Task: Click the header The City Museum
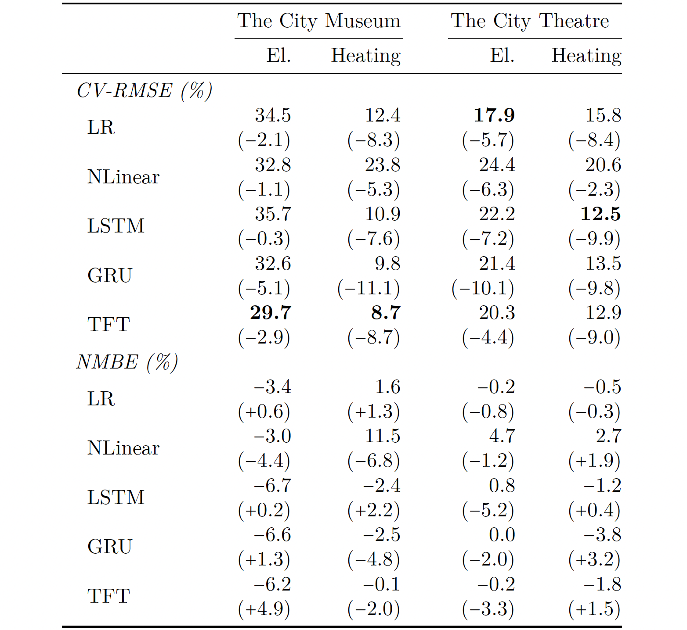pyautogui.click(x=319, y=21)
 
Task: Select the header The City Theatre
pyautogui.click(x=530, y=21)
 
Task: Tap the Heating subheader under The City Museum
pyautogui.click(x=365, y=56)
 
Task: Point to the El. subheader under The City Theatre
pyautogui.click(x=502, y=56)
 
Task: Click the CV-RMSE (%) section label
pyautogui.click(x=145, y=91)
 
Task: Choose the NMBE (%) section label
pyautogui.click(x=127, y=362)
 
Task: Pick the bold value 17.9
pyautogui.click(x=494, y=115)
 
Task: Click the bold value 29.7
pyautogui.click(x=271, y=313)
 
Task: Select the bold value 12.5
pyautogui.click(x=600, y=214)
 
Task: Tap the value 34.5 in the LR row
pyautogui.click(x=273, y=115)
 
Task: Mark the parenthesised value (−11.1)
pyautogui.click(x=369, y=288)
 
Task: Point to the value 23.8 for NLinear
pyautogui.click(x=382, y=165)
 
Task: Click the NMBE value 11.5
pyautogui.click(x=382, y=436)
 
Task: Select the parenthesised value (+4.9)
pyautogui.click(x=264, y=609)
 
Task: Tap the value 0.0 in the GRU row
pyautogui.click(x=502, y=535)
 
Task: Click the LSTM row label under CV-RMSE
pyautogui.click(x=116, y=226)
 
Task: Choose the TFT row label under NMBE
pyautogui.click(x=108, y=596)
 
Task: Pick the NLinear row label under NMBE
pyautogui.click(x=123, y=448)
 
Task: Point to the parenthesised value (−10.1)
pyautogui.click(x=483, y=288)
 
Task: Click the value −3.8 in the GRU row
pyautogui.click(x=602, y=535)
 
